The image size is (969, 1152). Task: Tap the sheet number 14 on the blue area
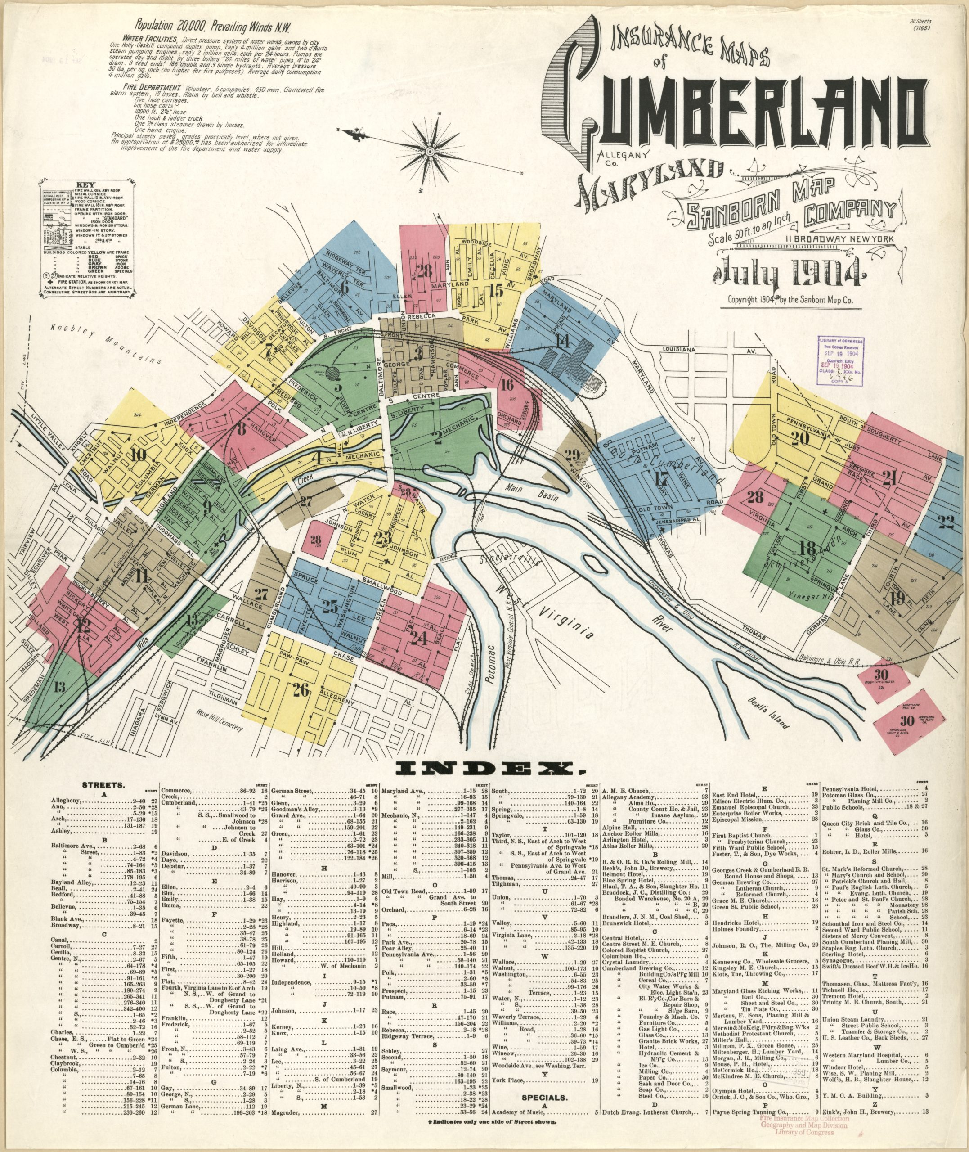click(x=562, y=341)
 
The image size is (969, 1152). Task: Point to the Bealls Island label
click(x=768, y=714)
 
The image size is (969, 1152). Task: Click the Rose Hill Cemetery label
click(x=219, y=719)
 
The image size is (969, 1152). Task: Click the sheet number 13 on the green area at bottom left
click(x=59, y=686)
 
